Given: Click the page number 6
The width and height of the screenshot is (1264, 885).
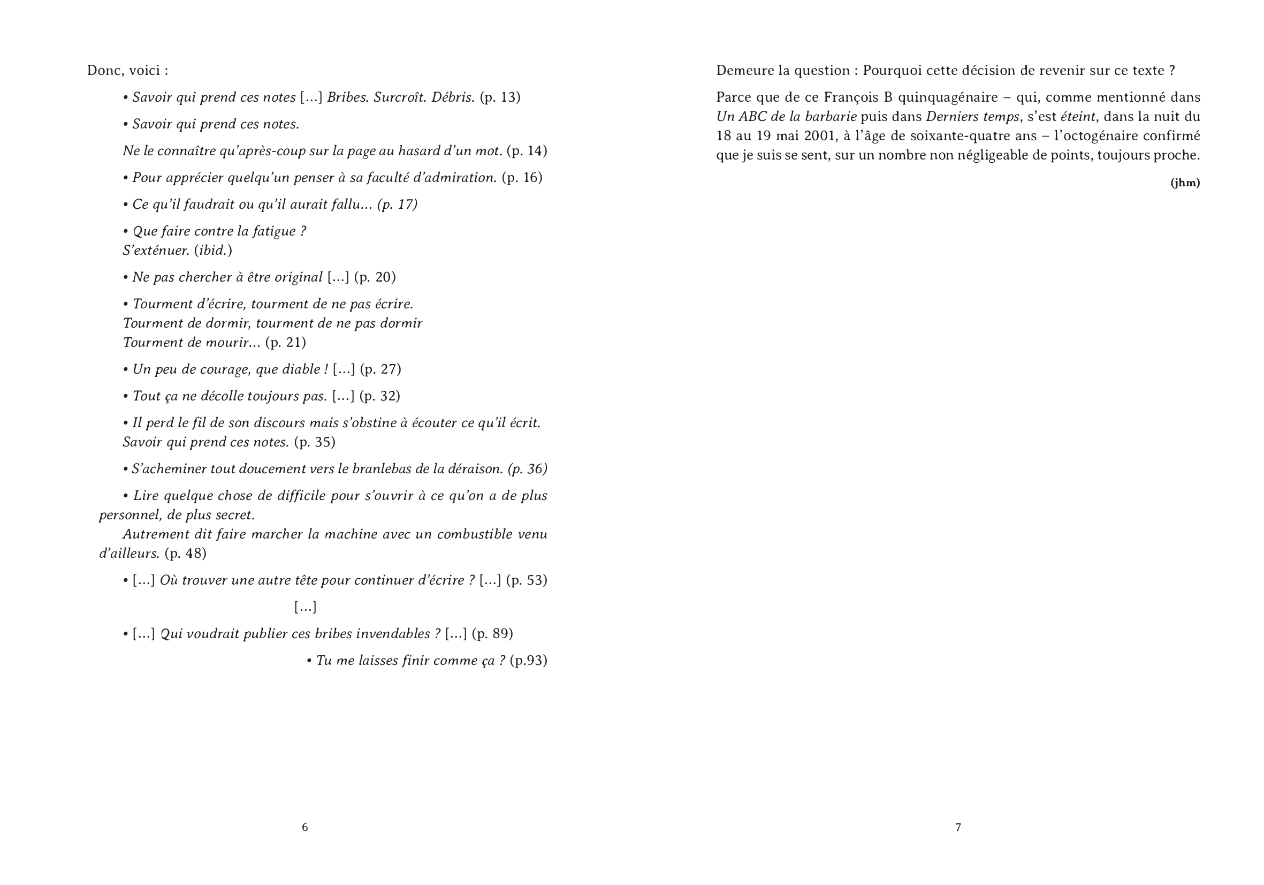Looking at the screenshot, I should (304, 827).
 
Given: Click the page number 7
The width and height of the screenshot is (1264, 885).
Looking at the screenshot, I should (958, 827).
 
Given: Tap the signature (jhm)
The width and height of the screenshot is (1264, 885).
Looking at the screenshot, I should (1185, 183).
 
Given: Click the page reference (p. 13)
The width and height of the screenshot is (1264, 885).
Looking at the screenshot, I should (500, 97).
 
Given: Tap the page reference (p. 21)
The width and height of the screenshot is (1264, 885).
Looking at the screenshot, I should (285, 343).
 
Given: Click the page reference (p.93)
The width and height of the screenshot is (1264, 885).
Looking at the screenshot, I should (529, 661).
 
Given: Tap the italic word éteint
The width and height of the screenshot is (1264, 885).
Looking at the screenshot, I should (1078, 117).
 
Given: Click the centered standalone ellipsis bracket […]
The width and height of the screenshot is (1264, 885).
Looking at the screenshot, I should (305, 607).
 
